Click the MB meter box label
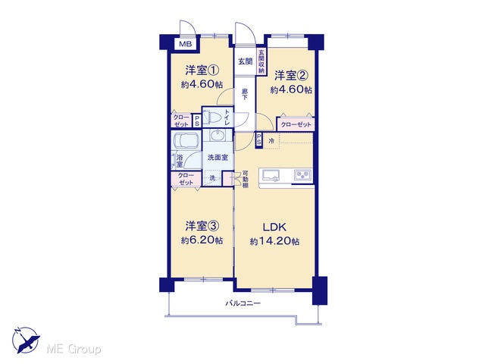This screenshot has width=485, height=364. tap(186, 44)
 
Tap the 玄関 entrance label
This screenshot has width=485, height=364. tap(245, 61)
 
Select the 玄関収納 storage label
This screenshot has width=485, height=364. tap(261, 61)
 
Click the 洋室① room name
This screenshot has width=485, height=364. tap(202, 71)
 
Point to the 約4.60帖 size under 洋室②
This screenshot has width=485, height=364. tap(291, 89)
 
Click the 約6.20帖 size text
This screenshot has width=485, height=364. tap(202, 240)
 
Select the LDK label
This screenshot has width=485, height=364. tap(274, 227)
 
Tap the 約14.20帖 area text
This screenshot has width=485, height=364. tap(274, 241)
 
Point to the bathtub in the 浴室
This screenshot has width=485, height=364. tap(186, 140)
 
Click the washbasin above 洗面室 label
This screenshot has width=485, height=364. tap(218, 135)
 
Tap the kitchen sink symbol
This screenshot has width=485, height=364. tap(271, 175)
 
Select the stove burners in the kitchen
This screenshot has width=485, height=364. tap(303, 175)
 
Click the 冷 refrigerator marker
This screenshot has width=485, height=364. tap(271, 141)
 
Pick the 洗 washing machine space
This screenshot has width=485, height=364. tap(212, 178)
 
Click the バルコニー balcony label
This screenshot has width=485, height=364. tap(242, 303)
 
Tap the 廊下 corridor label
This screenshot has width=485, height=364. tap(245, 94)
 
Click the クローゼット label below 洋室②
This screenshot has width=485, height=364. tap(296, 124)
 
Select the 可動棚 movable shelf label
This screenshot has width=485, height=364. tap(245, 180)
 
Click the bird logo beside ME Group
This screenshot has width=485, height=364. tap(26, 340)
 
